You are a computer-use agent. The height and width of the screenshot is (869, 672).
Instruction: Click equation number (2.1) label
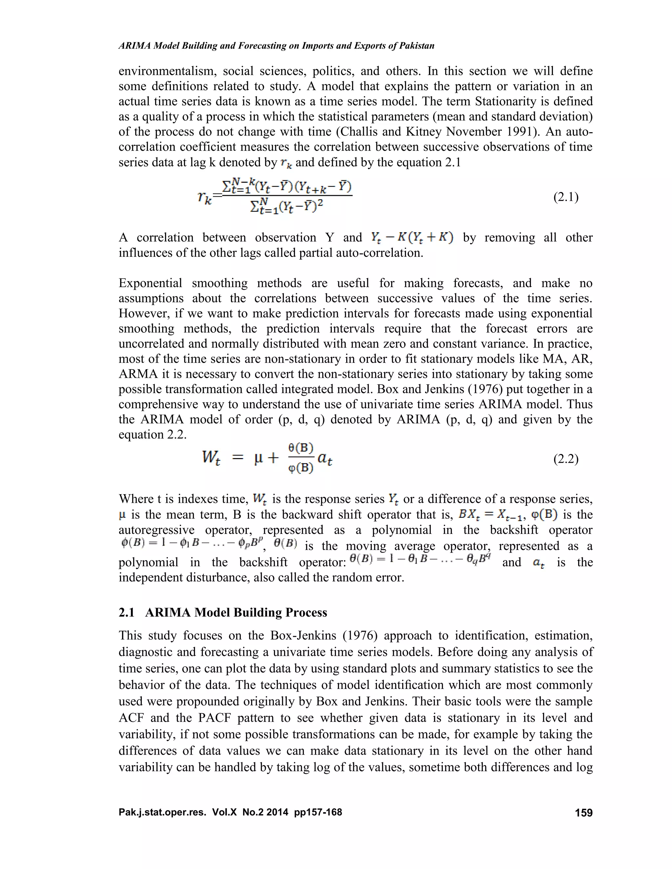pos(566,197)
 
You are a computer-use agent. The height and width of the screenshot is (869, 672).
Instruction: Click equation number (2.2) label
pos(566,459)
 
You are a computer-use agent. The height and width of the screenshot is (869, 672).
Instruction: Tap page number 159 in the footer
pos(584,813)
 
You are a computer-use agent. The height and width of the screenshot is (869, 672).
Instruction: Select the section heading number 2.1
pos(127,612)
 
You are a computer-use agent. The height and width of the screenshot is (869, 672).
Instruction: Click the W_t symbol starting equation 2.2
pos(211,457)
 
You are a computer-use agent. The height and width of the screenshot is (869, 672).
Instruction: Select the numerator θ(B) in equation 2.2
pos(301,448)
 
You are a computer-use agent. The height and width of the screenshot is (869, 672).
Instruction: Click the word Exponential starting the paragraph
pos(150,283)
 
